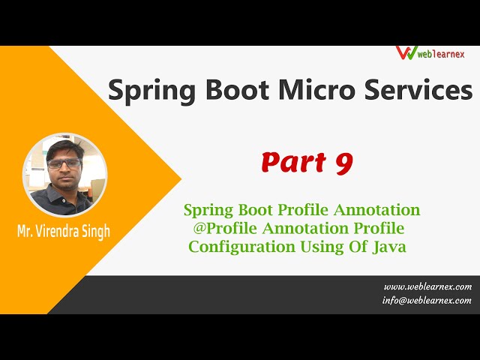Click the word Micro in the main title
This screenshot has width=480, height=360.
[x=310, y=90]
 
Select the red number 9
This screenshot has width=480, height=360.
[x=343, y=163]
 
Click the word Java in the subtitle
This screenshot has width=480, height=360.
[x=389, y=246]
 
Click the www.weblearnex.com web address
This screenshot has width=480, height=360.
[x=427, y=286]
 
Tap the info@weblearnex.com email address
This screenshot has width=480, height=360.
[x=427, y=300]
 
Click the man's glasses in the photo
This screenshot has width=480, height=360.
[x=64, y=163]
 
